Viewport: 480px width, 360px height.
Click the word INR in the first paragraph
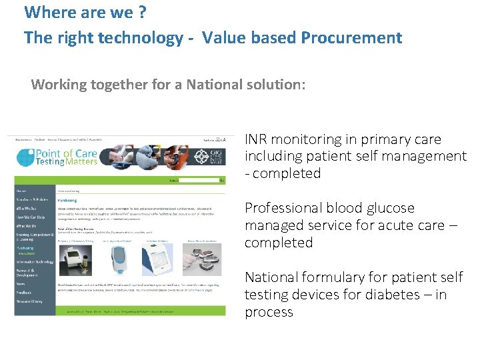point(257,139)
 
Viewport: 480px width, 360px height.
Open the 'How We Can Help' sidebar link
point(32,217)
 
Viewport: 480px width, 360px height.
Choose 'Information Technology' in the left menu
point(35,261)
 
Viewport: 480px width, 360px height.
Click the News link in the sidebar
point(21,283)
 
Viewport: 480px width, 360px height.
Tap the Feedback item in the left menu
point(25,291)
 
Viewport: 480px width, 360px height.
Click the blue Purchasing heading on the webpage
point(67,199)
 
